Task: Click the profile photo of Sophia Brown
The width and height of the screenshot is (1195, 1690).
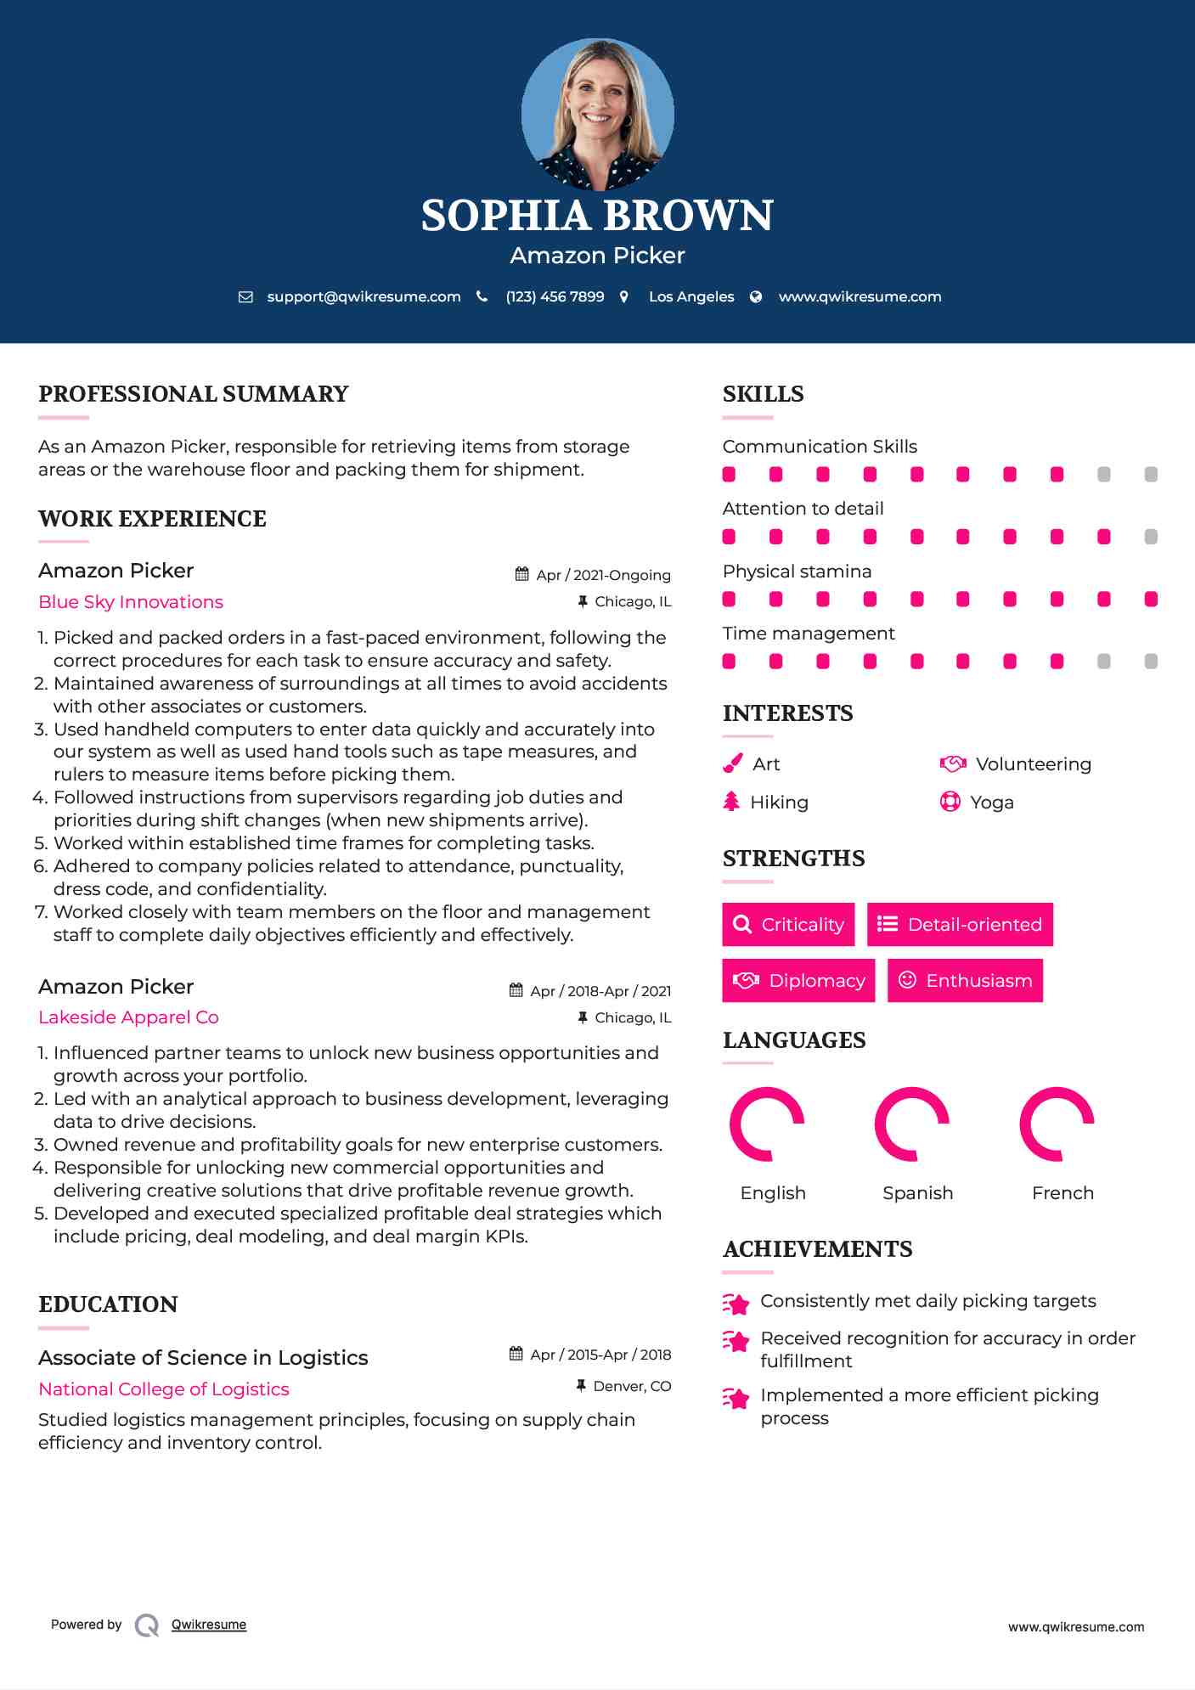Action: (597, 114)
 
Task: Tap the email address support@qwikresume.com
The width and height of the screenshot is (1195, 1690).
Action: (364, 297)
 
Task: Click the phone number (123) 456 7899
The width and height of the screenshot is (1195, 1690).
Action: (555, 297)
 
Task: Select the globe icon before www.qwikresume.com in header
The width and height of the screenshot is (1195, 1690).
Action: (756, 297)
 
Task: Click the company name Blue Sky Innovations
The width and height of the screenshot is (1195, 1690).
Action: (131, 602)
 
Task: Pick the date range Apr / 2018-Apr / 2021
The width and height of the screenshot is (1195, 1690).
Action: (600, 991)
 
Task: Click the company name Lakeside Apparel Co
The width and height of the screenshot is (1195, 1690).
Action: (128, 1017)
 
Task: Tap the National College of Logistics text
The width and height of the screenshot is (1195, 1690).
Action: (164, 1389)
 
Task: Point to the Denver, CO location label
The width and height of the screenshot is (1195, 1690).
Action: (632, 1386)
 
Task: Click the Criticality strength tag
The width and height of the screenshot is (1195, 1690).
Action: (788, 924)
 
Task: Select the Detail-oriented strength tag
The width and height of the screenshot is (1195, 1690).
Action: (960, 924)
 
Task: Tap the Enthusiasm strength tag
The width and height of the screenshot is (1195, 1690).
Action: (965, 981)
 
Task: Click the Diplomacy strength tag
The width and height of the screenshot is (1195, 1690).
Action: (798, 981)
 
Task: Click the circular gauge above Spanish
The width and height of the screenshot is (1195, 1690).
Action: (912, 1124)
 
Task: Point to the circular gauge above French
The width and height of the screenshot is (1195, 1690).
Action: (1057, 1124)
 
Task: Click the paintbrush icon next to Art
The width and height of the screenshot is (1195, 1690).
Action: (732, 764)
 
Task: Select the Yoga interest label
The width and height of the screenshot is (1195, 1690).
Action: (992, 803)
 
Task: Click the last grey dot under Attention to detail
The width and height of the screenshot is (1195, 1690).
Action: (1151, 537)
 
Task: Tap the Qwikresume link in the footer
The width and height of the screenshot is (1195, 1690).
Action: (209, 1625)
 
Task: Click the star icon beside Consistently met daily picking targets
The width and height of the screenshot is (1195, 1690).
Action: (736, 1303)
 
